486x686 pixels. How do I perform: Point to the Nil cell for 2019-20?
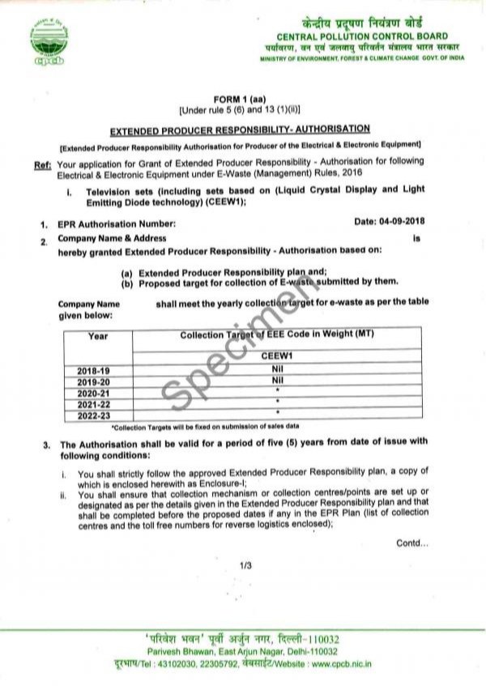pos(276,379)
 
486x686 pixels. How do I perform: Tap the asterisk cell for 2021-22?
pos(276,402)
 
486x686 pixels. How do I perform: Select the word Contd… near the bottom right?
pos(411,543)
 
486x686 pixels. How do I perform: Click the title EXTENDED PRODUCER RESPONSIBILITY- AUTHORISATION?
pos(241,129)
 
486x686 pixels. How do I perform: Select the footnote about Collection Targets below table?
pos(206,425)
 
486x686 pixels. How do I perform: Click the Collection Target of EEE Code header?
pos(276,334)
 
